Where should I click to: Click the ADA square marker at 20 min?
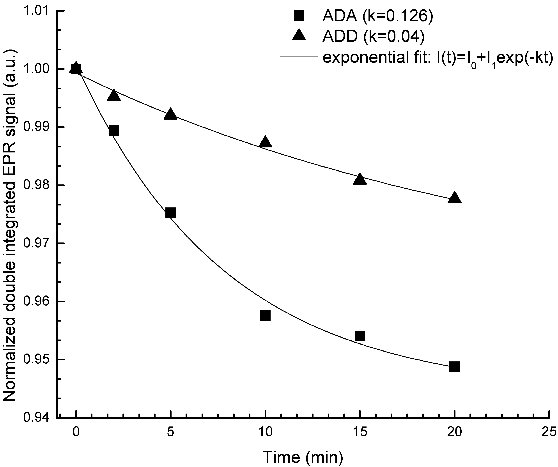tap(454, 367)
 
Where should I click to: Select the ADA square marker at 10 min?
tap(265, 315)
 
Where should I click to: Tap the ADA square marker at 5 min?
tap(170, 212)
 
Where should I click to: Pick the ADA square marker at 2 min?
tap(114, 131)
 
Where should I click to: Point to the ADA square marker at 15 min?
tap(360, 336)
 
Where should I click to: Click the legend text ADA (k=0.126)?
tap(377, 16)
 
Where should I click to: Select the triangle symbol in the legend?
tap(299, 36)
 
